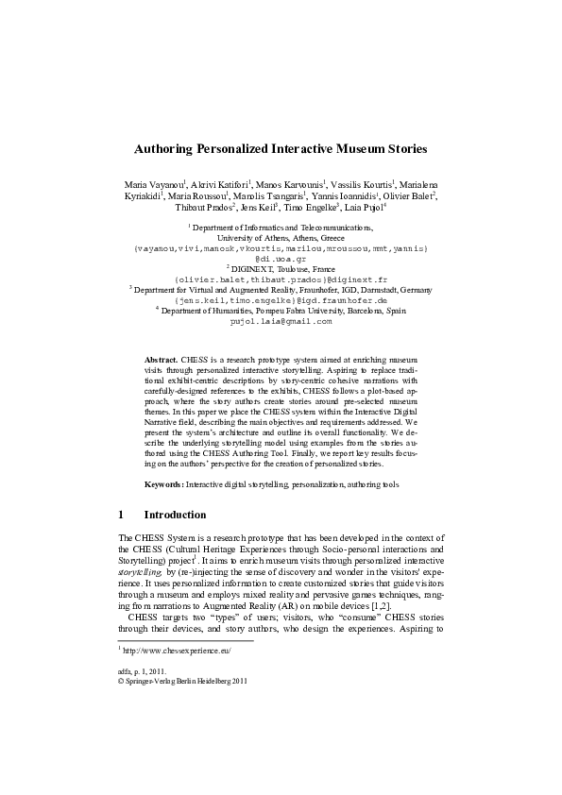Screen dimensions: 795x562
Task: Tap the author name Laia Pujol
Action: (x=365, y=208)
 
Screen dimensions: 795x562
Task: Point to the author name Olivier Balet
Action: (x=408, y=195)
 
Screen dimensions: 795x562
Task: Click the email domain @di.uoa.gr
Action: (x=281, y=258)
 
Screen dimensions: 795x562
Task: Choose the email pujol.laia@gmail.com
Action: (x=281, y=321)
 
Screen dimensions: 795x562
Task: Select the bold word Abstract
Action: (x=162, y=361)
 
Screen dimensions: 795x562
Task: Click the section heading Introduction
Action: (x=175, y=516)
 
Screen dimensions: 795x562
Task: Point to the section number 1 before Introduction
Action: (x=121, y=516)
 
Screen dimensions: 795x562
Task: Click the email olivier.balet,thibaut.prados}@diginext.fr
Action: (x=281, y=279)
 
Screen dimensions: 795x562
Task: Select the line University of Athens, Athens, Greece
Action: (x=281, y=238)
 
